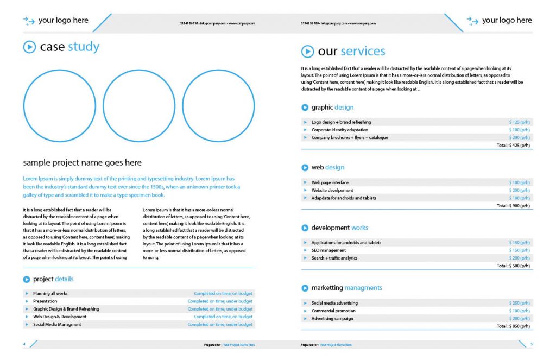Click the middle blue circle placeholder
pyautogui.click(x=139, y=106)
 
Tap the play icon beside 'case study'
pyautogui.click(x=29, y=47)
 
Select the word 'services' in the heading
pyautogui.click(x=363, y=52)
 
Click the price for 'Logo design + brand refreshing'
pyautogui.click(x=519, y=122)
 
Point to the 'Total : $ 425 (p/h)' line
pyautogui.click(x=513, y=146)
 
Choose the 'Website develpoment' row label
pyautogui.click(x=332, y=191)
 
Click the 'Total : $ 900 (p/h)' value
pyautogui.click(x=513, y=206)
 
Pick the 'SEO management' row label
pyautogui.click(x=328, y=250)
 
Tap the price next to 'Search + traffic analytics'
pyautogui.click(x=519, y=258)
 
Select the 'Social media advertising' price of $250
pyautogui.click(x=519, y=303)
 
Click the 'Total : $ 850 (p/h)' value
pyautogui.click(x=513, y=326)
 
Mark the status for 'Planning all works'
pyautogui.click(x=223, y=294)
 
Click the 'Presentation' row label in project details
pyautogui.click(x=45, y=301)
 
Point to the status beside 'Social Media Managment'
pyautogui.click(x=220, y=324)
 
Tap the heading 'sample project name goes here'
pyautogui.click(x=82, y=162)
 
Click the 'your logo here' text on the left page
pyautogui.click(x=63, y=21)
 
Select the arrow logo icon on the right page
pyautogui.click(x=472, y=21)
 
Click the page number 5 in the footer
pyautogui.click(x=531, y=344)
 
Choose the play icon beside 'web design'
pyautogui.click(x=305, y=168)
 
